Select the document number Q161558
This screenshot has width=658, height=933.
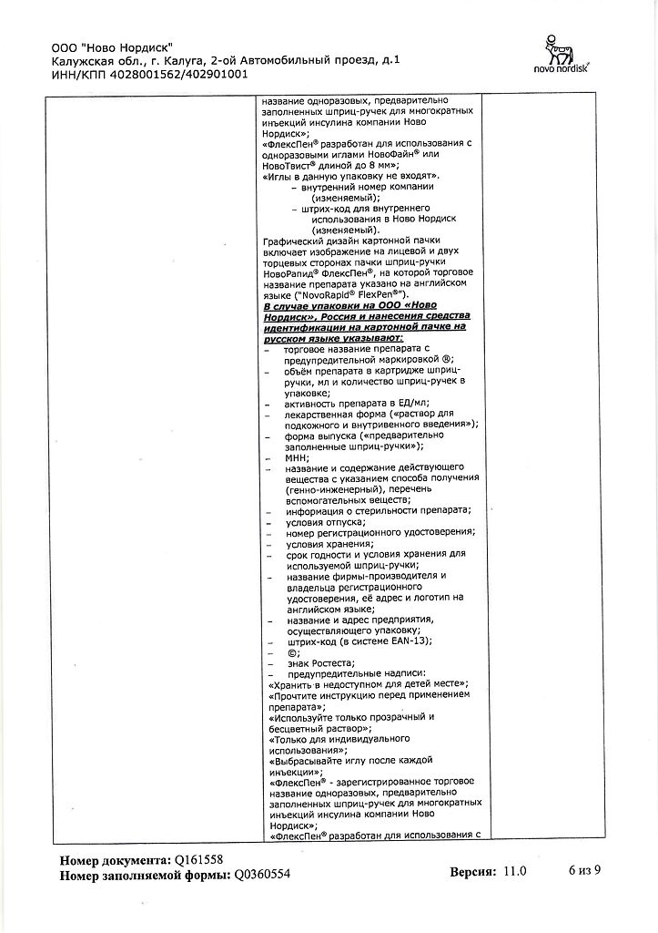pyautogui.click(x=197, y=859)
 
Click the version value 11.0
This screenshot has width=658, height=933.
pyautogui.click(x=514, y=871)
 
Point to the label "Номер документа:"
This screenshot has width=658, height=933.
pyautogui.click(x=115, y=859)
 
